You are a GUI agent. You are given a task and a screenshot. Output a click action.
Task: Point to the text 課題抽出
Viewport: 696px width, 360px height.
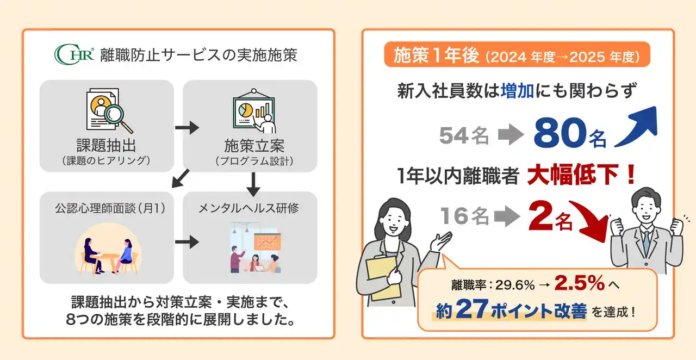[x=106, y=145]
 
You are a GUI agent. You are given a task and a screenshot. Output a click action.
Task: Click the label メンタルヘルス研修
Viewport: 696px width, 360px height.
[x=249, y=208]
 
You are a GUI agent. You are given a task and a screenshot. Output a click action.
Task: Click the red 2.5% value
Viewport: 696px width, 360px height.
[x=580, y=283]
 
